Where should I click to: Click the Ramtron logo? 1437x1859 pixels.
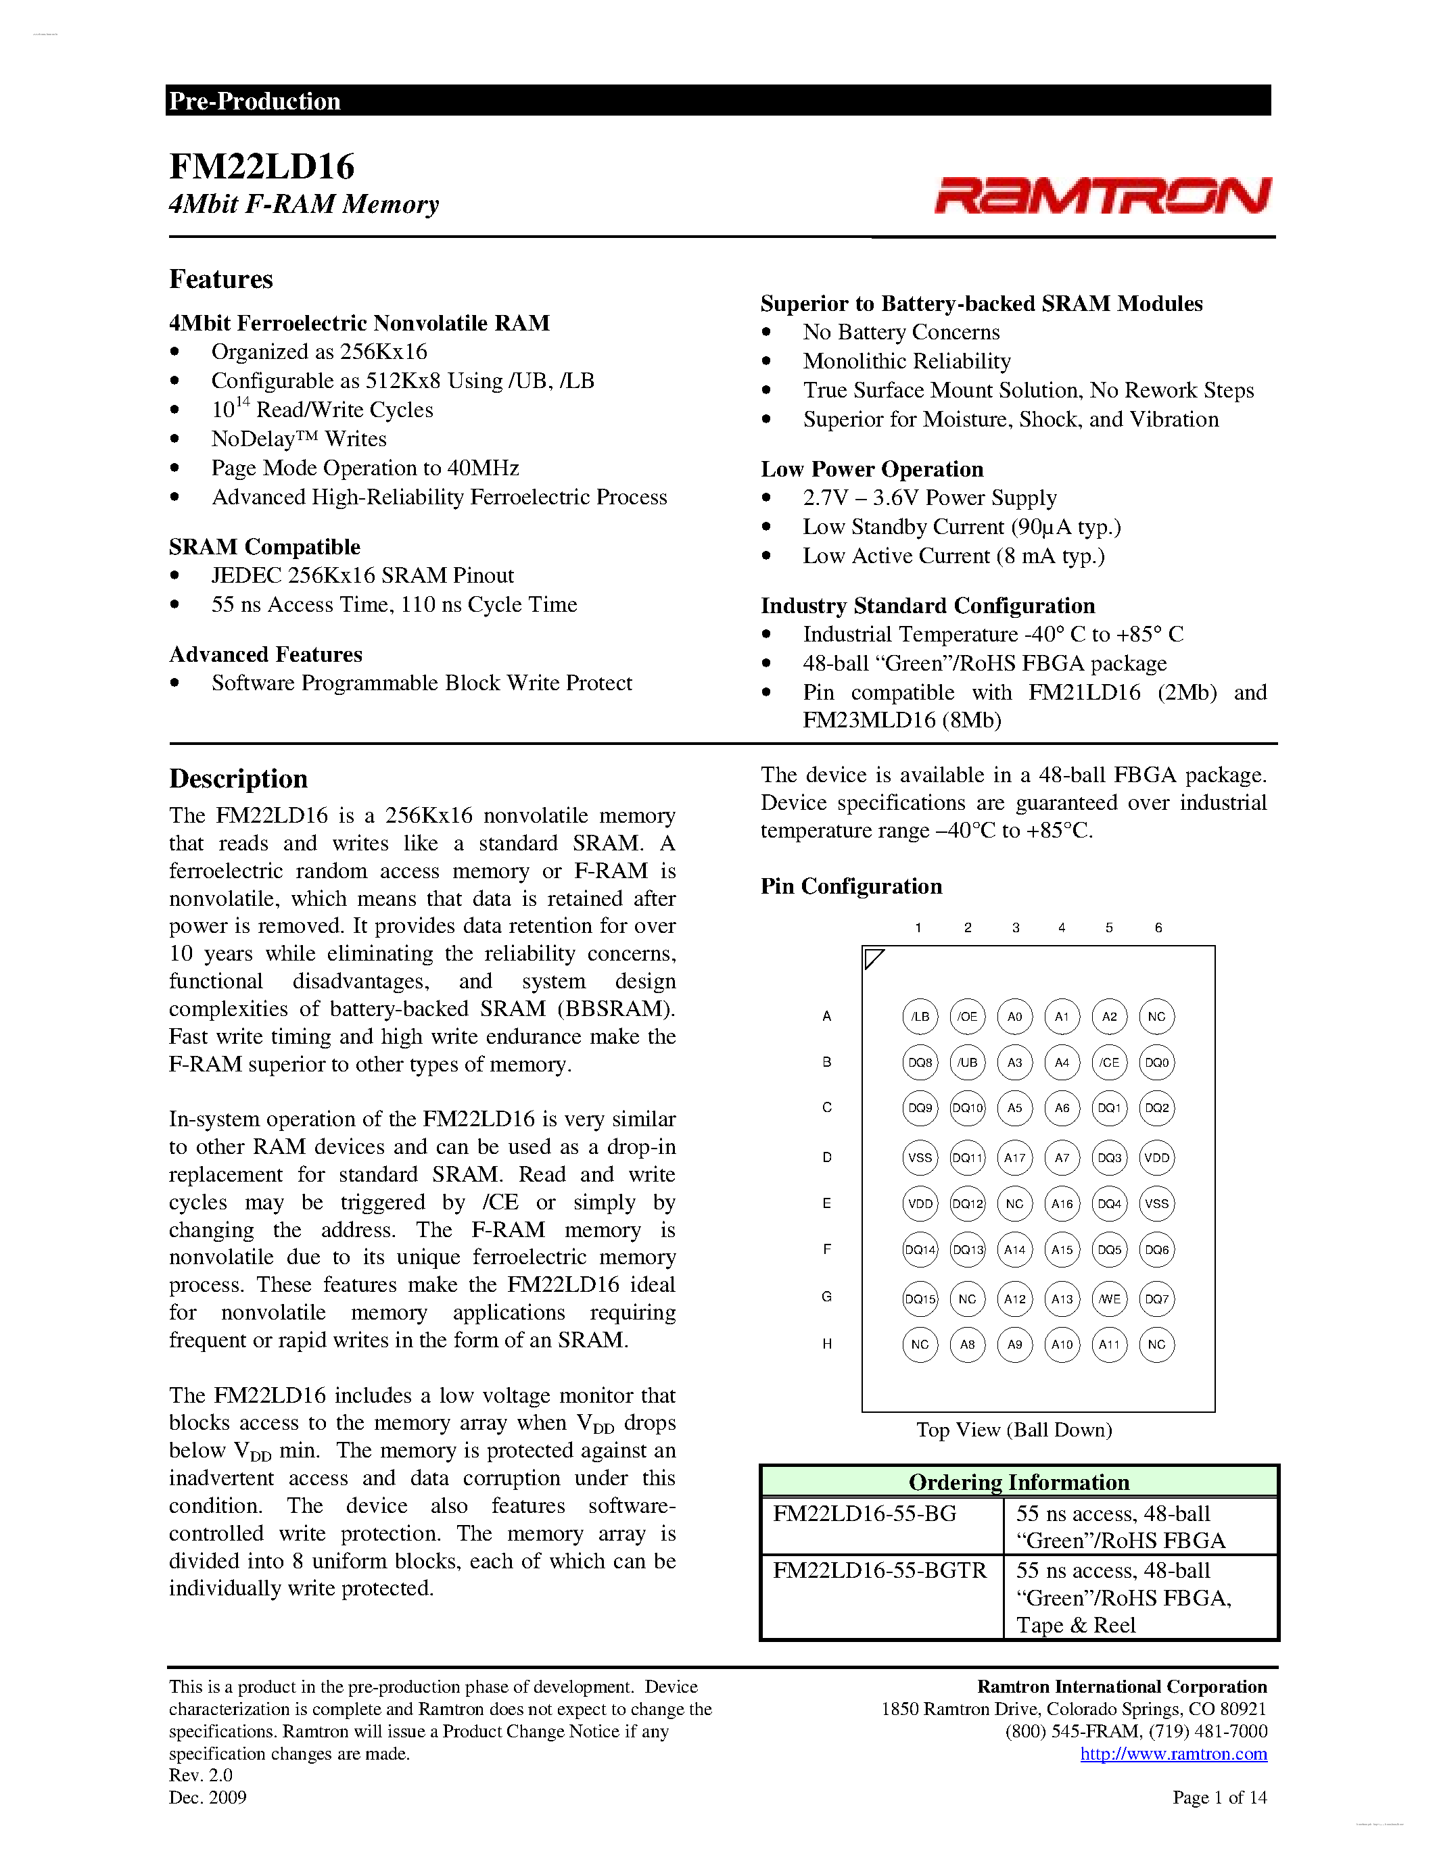coord(1102,195)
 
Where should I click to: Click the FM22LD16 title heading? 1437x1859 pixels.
coord(261,167)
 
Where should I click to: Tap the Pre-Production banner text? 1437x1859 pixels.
coord(254,101)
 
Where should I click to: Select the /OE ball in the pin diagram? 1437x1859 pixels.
coord(967,1016)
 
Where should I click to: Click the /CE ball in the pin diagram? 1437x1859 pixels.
coord(1109,1062)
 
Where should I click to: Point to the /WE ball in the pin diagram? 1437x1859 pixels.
coord(1109,1299)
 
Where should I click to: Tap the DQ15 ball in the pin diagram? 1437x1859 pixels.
coord(920,1299)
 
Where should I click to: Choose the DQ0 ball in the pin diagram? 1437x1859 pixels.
coord(1157,1062)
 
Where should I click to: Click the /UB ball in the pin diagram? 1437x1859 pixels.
coord(967,1062)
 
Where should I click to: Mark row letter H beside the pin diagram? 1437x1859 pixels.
coord(826,1344)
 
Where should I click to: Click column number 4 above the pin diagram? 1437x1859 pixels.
coord(1062,927)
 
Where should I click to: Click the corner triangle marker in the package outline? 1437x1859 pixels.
coord(872,959)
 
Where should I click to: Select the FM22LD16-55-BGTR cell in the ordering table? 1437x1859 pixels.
coord(879,1570)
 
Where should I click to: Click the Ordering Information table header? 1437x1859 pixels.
coord(1019,1482)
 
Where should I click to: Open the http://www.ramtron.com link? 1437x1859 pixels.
coord(1173,1754)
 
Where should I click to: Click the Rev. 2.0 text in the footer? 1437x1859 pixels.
coord(201,1775)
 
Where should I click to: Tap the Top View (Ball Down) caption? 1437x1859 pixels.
coord(1014,1430)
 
